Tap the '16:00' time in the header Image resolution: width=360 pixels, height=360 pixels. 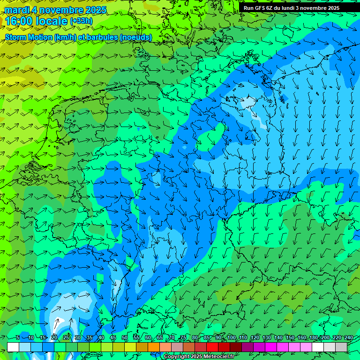20,21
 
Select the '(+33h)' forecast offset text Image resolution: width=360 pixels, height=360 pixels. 81,21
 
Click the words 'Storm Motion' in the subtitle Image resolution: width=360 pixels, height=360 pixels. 29,37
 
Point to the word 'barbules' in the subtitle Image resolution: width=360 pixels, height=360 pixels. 102,37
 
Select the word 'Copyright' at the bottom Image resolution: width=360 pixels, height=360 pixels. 177,357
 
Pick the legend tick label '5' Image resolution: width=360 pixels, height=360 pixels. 18,338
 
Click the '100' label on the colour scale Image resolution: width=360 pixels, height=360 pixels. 231,338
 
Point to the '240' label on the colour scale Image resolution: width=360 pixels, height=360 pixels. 348,338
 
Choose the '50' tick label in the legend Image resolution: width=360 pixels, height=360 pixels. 125,338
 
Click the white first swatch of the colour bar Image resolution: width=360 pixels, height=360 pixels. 13,347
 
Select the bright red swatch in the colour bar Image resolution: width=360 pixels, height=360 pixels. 212,347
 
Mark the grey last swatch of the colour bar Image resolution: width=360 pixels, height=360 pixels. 341,347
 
